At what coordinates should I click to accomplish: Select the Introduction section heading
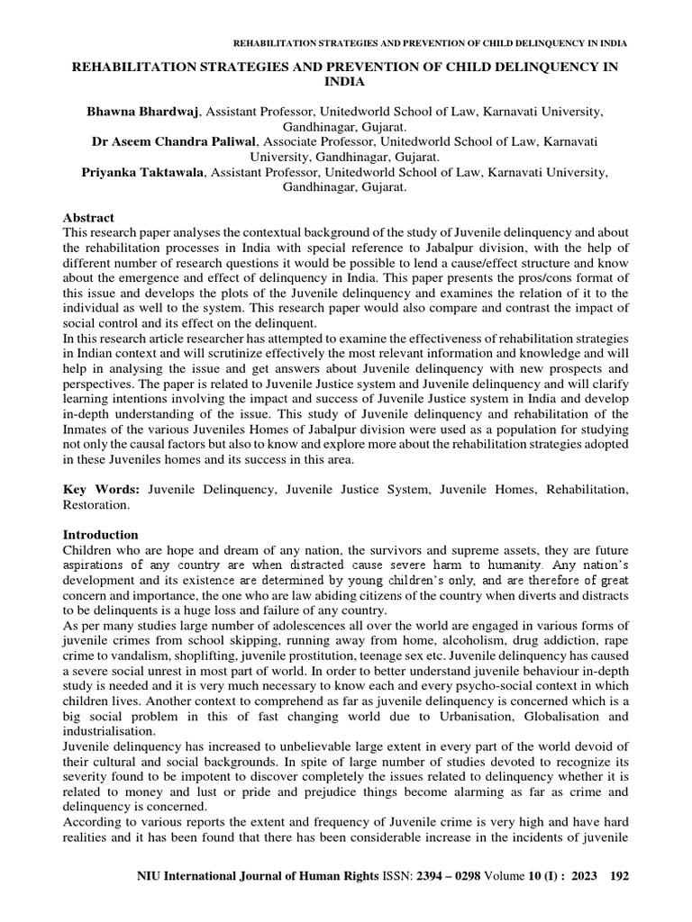point(100,534)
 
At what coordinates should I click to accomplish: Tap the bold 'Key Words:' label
point(96,487)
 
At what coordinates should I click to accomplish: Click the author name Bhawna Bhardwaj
point(145,111)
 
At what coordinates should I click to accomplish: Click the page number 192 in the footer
point(618,900)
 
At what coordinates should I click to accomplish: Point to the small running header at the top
point(431,43)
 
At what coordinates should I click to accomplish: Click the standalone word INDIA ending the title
point(346,81)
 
